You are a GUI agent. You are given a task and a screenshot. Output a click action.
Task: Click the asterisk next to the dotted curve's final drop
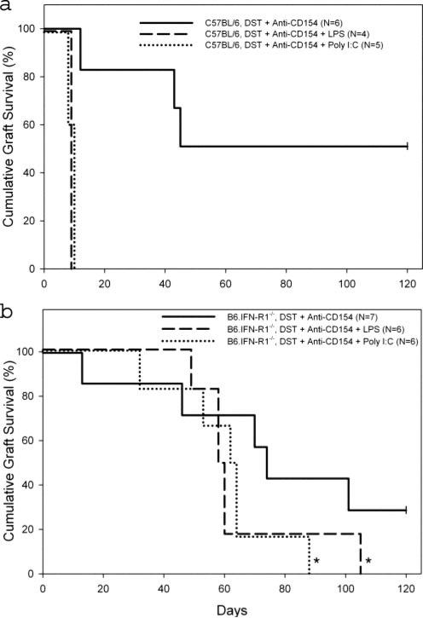[316, 561]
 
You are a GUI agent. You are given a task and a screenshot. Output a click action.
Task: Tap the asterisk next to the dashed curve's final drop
[368, 561]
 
